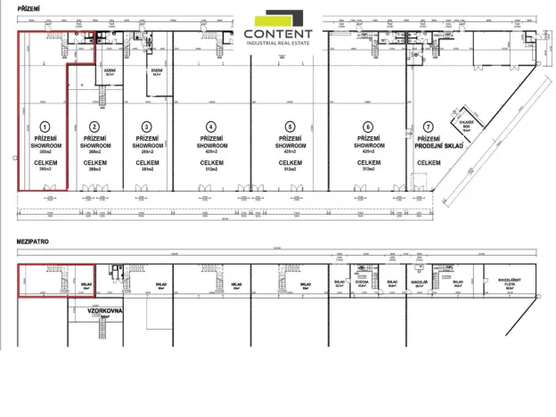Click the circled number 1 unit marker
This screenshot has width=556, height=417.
(42, 127)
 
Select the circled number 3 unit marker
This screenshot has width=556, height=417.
(146, 127)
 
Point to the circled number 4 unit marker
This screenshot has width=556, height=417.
(210, 127)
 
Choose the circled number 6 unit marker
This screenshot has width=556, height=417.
(367, 127)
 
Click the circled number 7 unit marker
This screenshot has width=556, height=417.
(429, 127)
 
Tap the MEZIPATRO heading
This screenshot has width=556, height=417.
(33, 242)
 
